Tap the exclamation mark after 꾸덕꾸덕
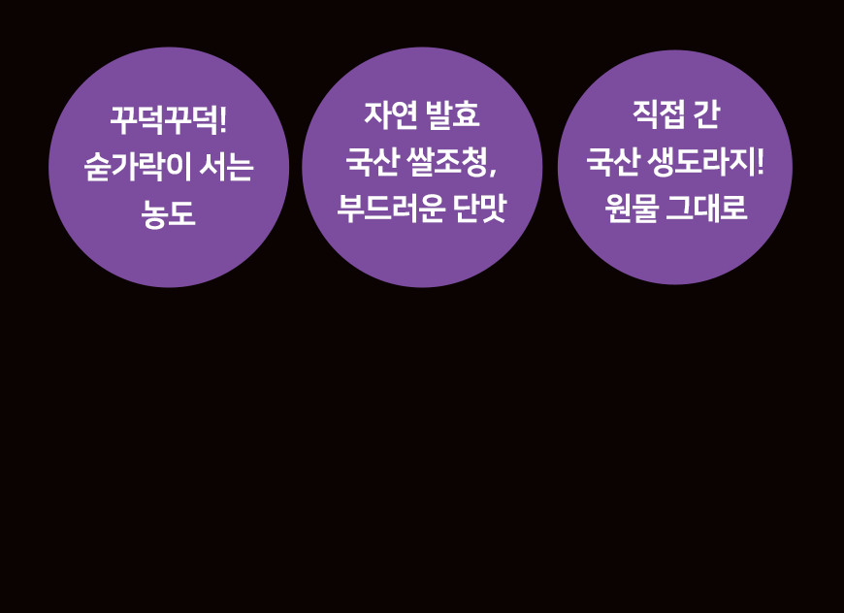[x=224, y=120]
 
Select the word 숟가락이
[x=138, y=167]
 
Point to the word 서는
[x=226, y=167]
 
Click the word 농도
[x=168, y=213]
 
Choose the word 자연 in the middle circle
[x=391, y=114]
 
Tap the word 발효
[x=452, y=114]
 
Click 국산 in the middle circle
[x=373, y=161]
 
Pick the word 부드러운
[x=391, y=208]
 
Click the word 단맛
[x=479, y=208]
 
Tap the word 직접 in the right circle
[x=659, y=114]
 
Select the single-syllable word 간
[x=706, y=114]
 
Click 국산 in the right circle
[x=613, y=161]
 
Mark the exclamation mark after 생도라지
[x=760, y=161]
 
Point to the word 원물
[x=633, y=208]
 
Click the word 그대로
[x=707, y=208]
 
